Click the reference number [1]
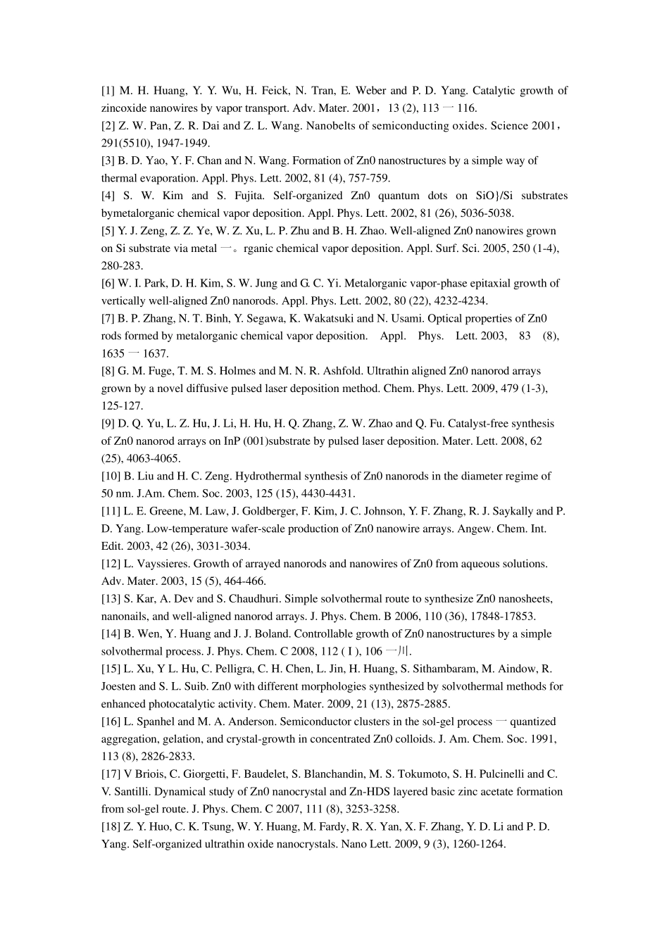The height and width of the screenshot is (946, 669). coord(108,91)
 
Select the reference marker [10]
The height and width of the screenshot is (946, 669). coord(111,476)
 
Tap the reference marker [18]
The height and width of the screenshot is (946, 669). coord(111,826)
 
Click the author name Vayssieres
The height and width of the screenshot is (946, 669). coord(157,564)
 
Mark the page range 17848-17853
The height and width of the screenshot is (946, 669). coord(504,616)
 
